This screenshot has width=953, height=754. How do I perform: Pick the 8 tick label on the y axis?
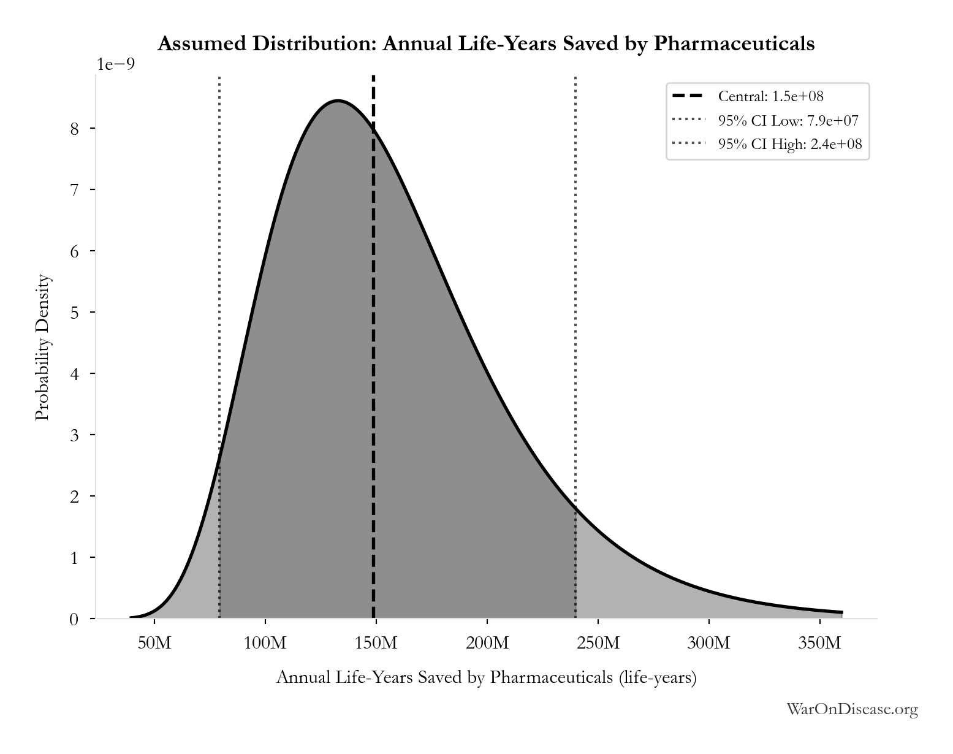tap(74, 129)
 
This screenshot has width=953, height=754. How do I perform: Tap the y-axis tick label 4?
tap(74, 374)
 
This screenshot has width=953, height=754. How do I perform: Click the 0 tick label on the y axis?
tap(74, 619)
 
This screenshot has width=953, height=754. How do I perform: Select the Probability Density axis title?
tap(42, 348)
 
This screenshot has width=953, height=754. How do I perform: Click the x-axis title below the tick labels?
tap(486, 677)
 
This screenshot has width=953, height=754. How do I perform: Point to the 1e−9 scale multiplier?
tap(116, 64)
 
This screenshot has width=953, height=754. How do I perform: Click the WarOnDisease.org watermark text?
tap(852, 709)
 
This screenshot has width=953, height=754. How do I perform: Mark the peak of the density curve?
tap(338, 101)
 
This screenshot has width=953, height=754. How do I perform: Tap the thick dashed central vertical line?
tap(374, 346)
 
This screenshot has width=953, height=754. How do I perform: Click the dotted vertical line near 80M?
tap(219, 346)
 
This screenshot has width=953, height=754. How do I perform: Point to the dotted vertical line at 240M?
tap(575, 346)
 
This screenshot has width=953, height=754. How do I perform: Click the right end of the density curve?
tap(842, 612)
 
